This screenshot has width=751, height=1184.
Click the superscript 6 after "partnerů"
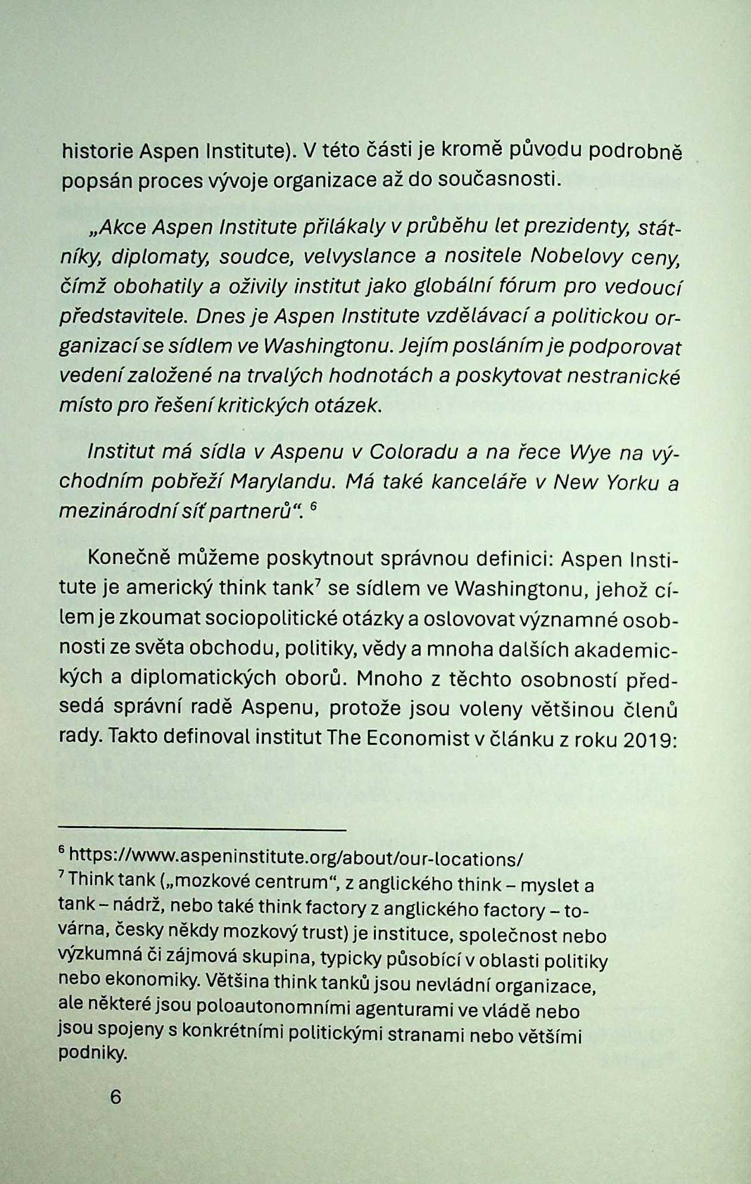tap(315, 505)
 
